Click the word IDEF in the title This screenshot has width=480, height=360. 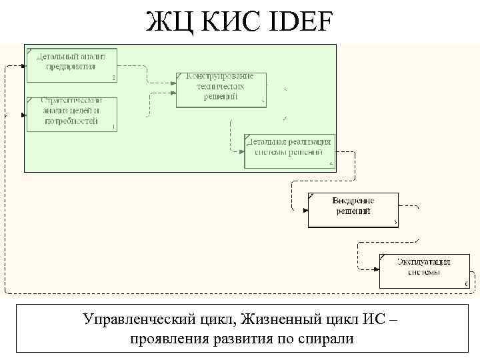(x=293, y=23)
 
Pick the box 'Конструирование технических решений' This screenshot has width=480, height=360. (x=221, y=89)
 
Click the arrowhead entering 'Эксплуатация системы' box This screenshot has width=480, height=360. (x=377, y=269)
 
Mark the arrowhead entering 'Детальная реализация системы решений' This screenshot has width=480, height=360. (x=242, y=151)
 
